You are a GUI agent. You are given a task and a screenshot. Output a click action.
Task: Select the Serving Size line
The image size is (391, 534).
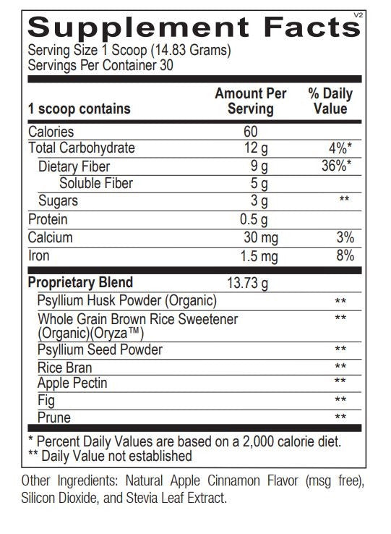pyautogui.click(x=129, y=51)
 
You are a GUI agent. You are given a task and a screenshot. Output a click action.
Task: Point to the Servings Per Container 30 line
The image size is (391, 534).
pyautogui.click(x=100, y=65)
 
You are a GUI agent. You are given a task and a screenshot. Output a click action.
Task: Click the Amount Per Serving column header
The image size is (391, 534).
pyautogui.click(x=251, y=101)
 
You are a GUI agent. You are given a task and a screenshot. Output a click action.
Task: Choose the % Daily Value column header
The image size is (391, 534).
pyautogui.click(x=330, y=101)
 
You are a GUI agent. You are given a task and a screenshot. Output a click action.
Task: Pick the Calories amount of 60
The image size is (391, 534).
pyautogui.click(x=251, y=132)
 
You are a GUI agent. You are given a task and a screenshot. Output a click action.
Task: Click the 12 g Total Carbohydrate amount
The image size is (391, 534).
pyautogui.click(x=254, y=148)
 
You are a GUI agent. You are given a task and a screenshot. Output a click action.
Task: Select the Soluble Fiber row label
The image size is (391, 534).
pyautogui.click(x=96, y=184)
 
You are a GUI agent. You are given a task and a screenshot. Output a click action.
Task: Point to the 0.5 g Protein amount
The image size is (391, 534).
pyautogui.click(x=253, y=219)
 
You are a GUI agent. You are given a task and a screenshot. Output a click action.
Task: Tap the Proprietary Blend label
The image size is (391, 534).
pyautogui.click(x=80, y=283)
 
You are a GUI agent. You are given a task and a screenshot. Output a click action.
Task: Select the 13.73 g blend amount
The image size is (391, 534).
pyautogui.click(x=248, y=283)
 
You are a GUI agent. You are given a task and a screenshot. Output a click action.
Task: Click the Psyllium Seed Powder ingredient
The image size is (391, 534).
pyautogui.click(x=100, y=350)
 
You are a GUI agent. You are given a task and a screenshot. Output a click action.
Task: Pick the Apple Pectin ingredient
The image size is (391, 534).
pyautogui.click(x=71, y=383)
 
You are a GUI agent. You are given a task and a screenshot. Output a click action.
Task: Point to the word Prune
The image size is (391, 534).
pyautogui.click(x=53, y=418)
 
